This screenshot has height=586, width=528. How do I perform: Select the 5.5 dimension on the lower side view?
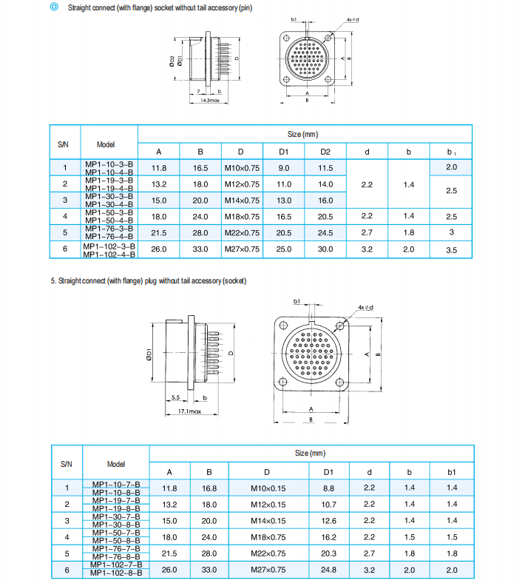(x=175, y=397)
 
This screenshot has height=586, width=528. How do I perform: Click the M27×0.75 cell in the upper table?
(x=241, y=249)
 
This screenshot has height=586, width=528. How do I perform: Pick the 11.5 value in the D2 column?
(x=325, y=168)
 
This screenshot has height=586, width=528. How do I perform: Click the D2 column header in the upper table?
(x=325, y=152)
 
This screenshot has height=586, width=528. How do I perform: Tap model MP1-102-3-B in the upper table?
(x=109, y=246)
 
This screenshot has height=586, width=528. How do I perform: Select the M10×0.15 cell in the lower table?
(x=268, y=488)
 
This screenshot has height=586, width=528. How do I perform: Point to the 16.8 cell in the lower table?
(x=209, y=488)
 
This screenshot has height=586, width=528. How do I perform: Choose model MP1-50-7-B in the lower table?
(x=116, y=533)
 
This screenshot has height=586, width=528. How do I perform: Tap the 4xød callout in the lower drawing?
(x=365, y=306)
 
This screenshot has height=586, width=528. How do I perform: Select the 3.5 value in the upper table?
(x=451, y=250)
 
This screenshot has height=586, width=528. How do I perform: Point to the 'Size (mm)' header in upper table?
(x=302, y=135)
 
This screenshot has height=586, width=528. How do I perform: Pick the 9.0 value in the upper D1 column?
(x=283, y=168)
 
